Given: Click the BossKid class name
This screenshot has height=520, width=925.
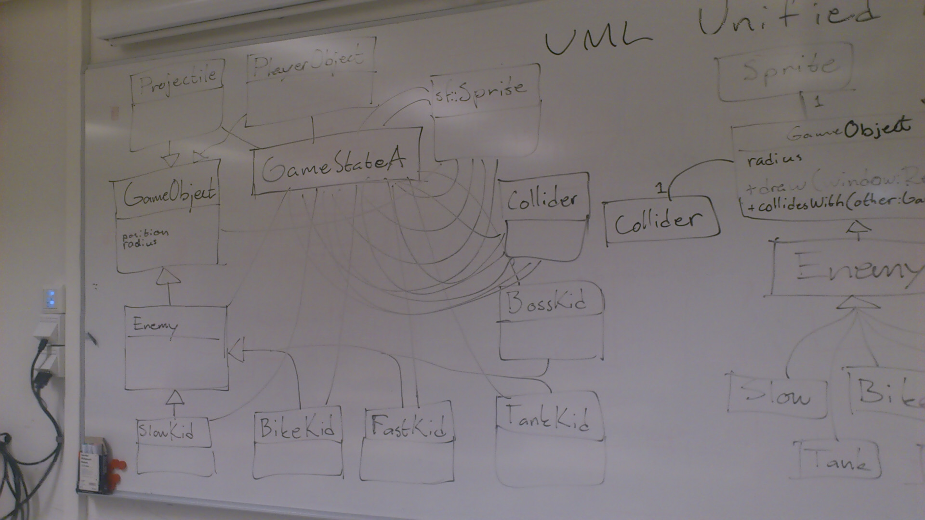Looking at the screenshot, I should click(546, 302).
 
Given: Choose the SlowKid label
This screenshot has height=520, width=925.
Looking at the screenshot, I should click(167, 430).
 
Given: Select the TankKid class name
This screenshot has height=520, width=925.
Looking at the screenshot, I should click(547, 418).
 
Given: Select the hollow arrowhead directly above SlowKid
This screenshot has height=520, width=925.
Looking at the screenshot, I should click(174, 398).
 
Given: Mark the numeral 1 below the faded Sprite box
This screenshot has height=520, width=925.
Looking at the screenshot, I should click(818, 102).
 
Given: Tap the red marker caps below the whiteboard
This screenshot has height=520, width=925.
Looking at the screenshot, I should click(116, 472).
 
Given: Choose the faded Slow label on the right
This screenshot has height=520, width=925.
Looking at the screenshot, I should click(777, 395).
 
